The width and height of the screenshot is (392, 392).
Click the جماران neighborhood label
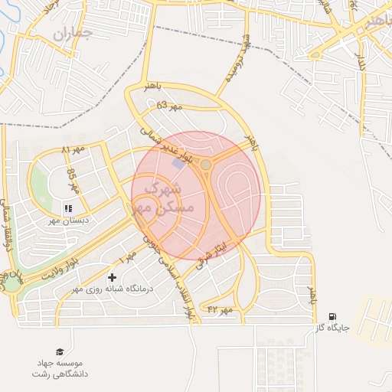(x=73, y=34)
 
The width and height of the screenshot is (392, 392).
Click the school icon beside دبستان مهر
(x=67, y=207)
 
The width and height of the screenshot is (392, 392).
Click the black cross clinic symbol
(x=113, y=276)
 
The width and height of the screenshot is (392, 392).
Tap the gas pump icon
(x=332, y=315)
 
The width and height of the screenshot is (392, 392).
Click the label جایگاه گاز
(x=332, y=328)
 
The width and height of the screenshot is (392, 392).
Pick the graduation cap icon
(x=60, y=351)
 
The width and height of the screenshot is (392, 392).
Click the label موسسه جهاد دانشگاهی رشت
(x=60, y=368)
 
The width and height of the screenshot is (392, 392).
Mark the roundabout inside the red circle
(x=205, y=164)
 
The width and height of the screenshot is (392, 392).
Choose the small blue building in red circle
(x=178, y=164)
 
